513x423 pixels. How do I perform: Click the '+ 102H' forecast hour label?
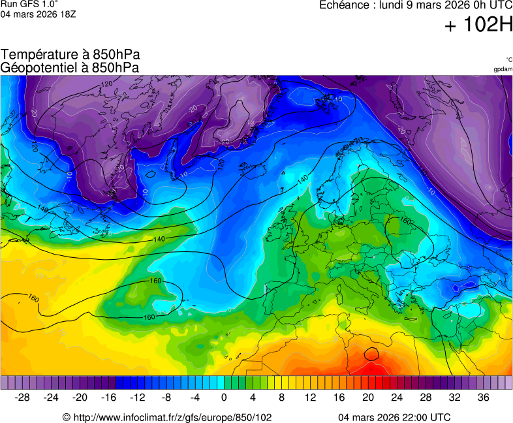click(x=478, y=25)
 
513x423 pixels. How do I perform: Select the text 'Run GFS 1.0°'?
click(x=25, y=4)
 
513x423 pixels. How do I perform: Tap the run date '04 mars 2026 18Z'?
click(x=38, y=14)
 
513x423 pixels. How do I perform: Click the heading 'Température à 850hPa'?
click(x=70, y=55)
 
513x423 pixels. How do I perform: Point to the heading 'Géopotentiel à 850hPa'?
click(x=70, y=67)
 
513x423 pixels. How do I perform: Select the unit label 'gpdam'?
click(x=503, y=69)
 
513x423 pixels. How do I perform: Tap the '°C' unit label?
click(x=508, y=59)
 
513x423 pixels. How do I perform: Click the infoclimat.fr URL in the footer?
click(x=167, y=417)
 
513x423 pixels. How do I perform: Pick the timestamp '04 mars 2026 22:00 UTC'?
click(x=394, y=417)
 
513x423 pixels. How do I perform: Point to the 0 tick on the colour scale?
click(x=224, y=398)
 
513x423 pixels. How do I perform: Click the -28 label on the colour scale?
click(x=22, y=398)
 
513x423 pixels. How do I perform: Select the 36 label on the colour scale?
click(x=483, y=398)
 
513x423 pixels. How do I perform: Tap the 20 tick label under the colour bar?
click(x=367, y=398)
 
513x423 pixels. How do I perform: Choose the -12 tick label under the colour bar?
click(x=137, y=398)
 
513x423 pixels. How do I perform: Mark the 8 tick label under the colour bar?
click(x=281, y=398)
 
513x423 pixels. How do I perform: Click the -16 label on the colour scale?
click(x=108, y=398)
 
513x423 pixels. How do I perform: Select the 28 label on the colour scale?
click(x=426, y=398)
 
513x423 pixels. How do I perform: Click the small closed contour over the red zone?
click(x=371, y=354)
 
